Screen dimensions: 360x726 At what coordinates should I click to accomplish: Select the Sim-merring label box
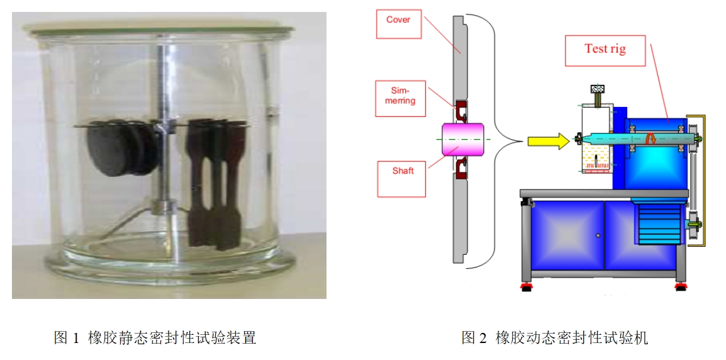[401, 98]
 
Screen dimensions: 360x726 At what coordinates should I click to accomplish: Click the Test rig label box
[605, 51]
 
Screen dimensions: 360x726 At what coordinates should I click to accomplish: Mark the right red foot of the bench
[680, 287]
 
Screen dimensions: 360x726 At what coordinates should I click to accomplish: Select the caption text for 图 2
[554, 337]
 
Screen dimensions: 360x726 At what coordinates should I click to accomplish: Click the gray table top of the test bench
[604, 193]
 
